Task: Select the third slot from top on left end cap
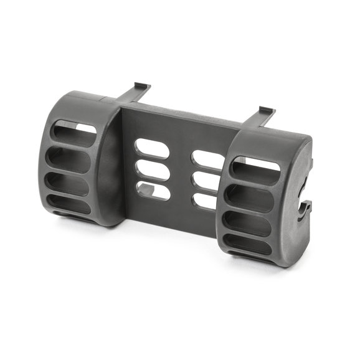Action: coord(69,184)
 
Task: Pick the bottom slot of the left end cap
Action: coord(69,204)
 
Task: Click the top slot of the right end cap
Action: coord(257,169)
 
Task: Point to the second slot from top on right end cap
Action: coord(250,197)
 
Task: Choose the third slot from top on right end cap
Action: coord(247,222)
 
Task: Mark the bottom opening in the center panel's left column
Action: coord(153,191)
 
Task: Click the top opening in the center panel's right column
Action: coord(207,160)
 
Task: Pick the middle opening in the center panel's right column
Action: coord(206,181)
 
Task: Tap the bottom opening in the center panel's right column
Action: coord(205,201)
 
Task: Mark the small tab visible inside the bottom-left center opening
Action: coord(144,189)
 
